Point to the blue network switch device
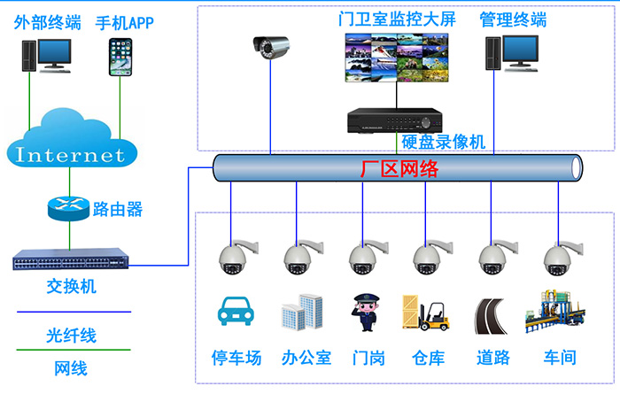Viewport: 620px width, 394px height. (72, 261)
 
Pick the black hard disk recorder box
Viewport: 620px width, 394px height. (394, 120)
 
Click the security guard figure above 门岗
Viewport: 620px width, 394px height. (365, 313)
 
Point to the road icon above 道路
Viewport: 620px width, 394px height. (492, 314)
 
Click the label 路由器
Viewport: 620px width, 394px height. (117, 210)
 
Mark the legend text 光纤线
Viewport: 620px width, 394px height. (72, 336)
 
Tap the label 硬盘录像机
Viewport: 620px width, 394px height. (443, 142)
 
